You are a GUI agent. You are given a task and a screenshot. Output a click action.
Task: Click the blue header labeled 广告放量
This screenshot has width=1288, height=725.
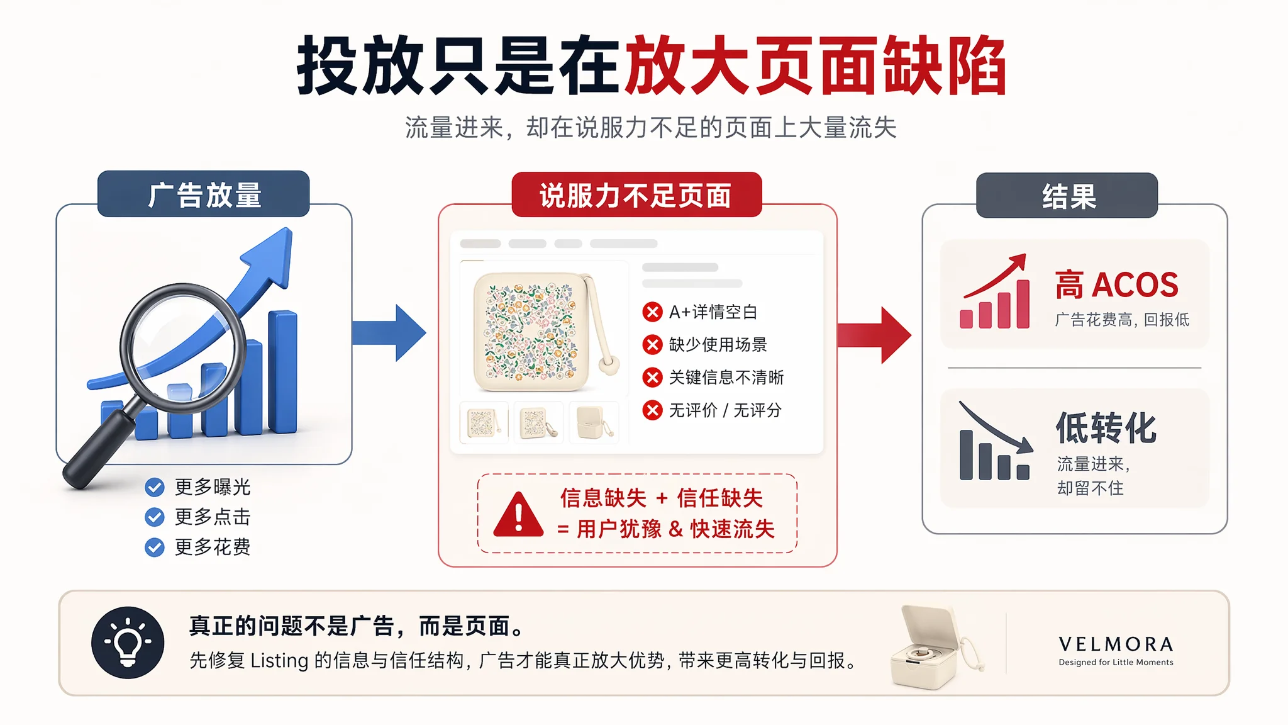[x=204, y=194]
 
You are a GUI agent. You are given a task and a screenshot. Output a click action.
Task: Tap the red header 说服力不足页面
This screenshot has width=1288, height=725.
[x=636, y=194]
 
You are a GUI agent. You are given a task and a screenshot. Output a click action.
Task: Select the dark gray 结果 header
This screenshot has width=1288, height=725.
[x=1067, y=196]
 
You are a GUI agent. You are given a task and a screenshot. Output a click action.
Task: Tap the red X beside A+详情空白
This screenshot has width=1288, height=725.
[x=652, y=312]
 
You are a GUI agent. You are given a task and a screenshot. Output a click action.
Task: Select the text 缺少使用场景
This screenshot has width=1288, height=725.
[x=718, y=345]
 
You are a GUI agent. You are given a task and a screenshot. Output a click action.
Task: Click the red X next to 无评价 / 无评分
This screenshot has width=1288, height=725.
[x=652, y=410]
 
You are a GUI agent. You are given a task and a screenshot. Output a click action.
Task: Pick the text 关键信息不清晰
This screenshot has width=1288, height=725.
[x=726, y=378]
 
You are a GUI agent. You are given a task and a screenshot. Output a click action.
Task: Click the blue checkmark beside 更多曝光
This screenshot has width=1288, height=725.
[x=155, y=487]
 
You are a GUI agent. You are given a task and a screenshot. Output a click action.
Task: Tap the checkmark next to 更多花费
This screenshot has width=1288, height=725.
[x=155, y=548]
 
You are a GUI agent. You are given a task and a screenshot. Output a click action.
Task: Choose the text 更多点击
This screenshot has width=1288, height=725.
[x=213, y=517]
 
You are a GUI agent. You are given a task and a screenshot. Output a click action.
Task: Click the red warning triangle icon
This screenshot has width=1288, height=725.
[x=518, y=515]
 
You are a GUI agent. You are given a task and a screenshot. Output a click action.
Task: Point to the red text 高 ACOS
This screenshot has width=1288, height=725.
[x=1117, y=285]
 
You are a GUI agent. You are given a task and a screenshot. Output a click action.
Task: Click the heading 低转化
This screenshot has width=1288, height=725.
[x=1106, y=428]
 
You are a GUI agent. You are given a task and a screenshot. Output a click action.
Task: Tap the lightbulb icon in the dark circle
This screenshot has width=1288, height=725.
[x=128, y=643]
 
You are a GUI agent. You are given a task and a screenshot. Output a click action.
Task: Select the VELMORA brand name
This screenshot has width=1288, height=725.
[x=1116, y=644]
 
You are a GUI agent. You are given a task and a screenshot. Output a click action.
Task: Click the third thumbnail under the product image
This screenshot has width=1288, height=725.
[x=594, y=422]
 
